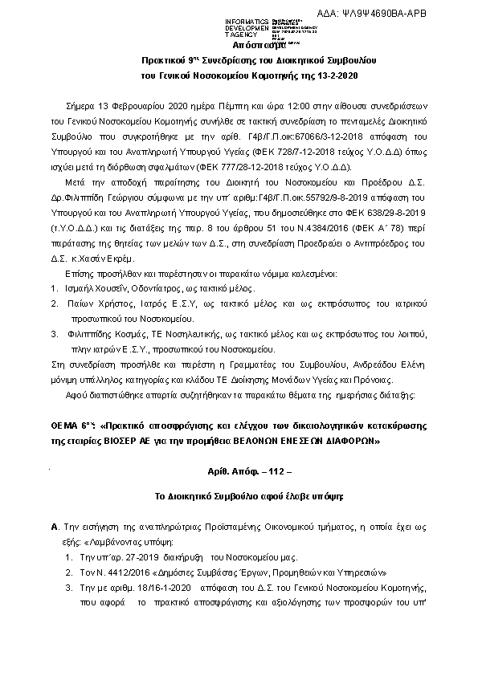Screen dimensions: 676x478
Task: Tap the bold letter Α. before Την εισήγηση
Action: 53,527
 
